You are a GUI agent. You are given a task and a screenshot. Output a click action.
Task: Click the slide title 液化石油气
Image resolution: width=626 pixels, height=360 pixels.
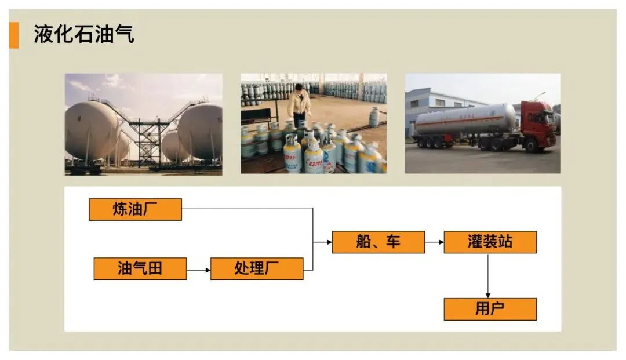click(x=84, y=34)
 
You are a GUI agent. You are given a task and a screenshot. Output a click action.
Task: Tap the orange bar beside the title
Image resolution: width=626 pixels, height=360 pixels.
click(x=13, y=35)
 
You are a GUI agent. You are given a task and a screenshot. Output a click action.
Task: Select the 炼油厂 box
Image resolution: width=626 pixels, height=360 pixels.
click(x=135, y=209)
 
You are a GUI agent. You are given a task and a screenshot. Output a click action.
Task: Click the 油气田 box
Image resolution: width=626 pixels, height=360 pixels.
click(x=140, y=268)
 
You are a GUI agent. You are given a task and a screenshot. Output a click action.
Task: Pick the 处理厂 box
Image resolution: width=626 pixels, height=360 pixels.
click(x=257, y=268)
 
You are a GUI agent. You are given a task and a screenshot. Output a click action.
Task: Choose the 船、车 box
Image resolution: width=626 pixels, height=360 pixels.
click(x=378, y=242)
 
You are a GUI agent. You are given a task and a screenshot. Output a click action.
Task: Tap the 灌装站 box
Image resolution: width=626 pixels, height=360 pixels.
click(x=490, y=242)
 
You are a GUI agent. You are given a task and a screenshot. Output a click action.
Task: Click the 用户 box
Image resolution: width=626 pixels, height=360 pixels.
click(x=490, y=309)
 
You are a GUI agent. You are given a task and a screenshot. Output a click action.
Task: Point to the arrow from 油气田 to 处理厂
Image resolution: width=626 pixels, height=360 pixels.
click(x=198, y=270)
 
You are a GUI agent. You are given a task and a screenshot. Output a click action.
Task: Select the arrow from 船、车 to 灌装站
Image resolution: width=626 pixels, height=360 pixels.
click(x=434, y=242)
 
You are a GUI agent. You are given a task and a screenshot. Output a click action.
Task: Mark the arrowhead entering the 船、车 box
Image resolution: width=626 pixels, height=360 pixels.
click(x=328, y=242)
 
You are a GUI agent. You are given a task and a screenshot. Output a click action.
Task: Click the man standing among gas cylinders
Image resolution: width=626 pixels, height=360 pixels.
click(x=299, y=104)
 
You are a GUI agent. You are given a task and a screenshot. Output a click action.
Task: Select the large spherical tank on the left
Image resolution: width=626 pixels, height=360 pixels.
click(x=91, y=130)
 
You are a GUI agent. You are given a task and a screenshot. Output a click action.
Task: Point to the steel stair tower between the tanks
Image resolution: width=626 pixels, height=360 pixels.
click(x=151, y=136)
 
